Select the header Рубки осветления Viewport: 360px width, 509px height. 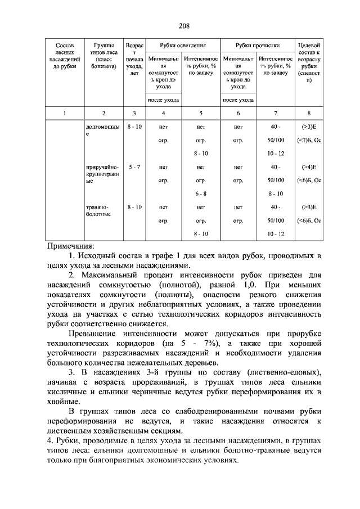click(x=182, y=46)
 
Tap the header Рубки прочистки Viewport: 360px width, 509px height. click(x=257, y=46)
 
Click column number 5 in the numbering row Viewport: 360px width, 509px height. click(x=201, y=113)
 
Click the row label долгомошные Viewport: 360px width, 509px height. click(x=102, y=131)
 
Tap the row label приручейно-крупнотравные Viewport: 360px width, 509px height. click(x=102, y=174)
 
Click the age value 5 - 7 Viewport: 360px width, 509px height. click(x=134, y=167)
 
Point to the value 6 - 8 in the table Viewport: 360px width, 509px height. click(x=201, y=193)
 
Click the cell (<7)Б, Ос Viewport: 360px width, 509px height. click(x=309, y=140)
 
